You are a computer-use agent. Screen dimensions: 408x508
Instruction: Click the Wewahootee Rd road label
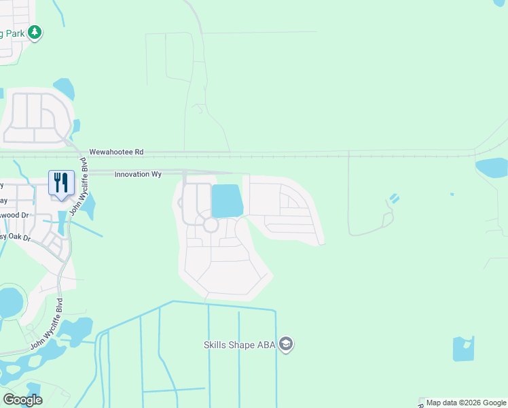pyautogui.click(x=116, y=152)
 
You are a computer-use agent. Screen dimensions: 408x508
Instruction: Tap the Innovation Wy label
pyautogui.click(x=138, y=175)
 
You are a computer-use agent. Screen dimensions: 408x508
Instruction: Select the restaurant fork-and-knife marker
pyautogui.click(x=61, y=183)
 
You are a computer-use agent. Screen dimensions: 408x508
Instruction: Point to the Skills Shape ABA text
pyautogui.click(x=240, y=345)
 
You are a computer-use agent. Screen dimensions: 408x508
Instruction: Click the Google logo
pyautogui.click(x=22, y=400)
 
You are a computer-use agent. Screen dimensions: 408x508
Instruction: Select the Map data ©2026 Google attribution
pyautogui.click(x=467, y=403)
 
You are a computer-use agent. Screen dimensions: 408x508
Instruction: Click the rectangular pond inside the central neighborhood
pyautogui.click(x=227, y=201)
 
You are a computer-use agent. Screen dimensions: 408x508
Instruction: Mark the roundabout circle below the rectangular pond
pyautogui.click(x=211, y=224)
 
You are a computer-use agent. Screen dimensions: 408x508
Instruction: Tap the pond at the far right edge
pyautogui.click(x=494, y=167)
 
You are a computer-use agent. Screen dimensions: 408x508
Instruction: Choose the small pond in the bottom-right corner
pyautogui.click(x=463, y=349)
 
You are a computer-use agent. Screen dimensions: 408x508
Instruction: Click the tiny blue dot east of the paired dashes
pyautogui.click(x=452, y=194)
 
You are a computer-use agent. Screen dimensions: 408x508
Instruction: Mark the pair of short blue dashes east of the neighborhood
pyautogui.click(x=395, y=200)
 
